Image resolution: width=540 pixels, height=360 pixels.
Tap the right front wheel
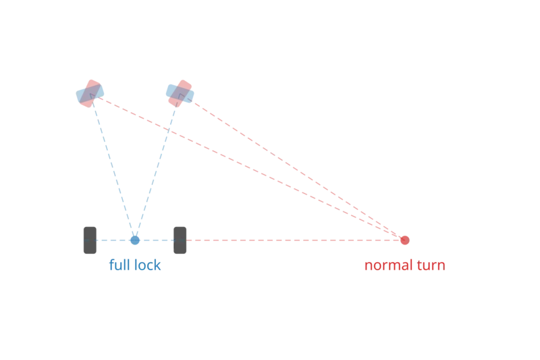click(180, 93)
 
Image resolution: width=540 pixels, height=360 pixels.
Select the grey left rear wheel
click(88, 240)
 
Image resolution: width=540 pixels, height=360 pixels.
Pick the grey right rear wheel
click(180, 240)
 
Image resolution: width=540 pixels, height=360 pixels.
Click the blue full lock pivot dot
click(134, 240)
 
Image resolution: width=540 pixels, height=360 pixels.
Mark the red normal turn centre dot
click(404, 240)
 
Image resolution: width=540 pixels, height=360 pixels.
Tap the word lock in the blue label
click(148, 266)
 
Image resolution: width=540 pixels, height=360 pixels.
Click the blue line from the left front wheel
click(113, 169)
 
